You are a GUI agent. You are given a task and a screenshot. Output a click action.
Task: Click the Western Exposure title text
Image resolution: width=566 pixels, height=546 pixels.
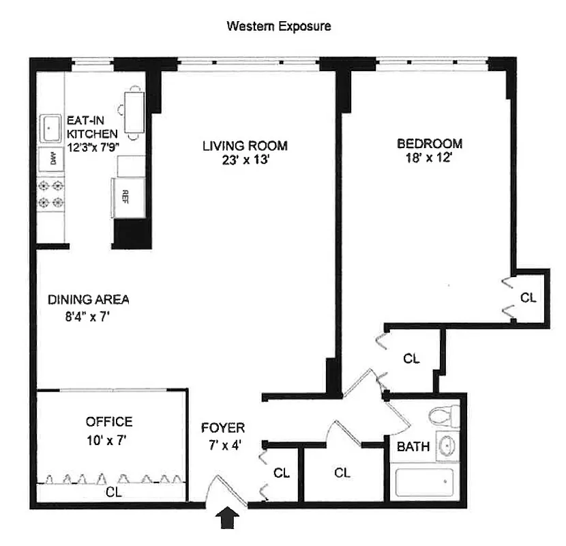[279, 27]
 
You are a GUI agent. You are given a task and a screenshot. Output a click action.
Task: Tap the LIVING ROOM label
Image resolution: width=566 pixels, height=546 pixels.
[244, 145]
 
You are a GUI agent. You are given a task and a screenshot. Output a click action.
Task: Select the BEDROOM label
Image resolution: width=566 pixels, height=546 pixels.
[430, 143]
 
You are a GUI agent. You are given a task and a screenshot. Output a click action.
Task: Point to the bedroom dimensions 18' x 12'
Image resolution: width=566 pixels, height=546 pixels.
[430, 158]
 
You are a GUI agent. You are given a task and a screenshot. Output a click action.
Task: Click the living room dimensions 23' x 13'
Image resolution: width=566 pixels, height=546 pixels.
[244, 160]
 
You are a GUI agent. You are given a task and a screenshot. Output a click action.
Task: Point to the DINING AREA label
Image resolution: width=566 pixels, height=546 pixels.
[89, 300]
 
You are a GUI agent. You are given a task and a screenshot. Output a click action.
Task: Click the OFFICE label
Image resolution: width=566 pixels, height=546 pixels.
[109, 422]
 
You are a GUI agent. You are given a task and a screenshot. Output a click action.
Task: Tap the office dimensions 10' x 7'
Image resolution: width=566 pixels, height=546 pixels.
[109, 440]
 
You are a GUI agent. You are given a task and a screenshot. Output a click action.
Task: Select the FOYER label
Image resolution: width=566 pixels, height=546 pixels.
[223, 429]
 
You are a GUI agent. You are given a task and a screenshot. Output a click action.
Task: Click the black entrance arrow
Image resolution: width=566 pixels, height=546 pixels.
[228, 518]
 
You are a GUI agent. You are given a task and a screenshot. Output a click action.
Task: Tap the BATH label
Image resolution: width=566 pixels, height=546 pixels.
[414, 447]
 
